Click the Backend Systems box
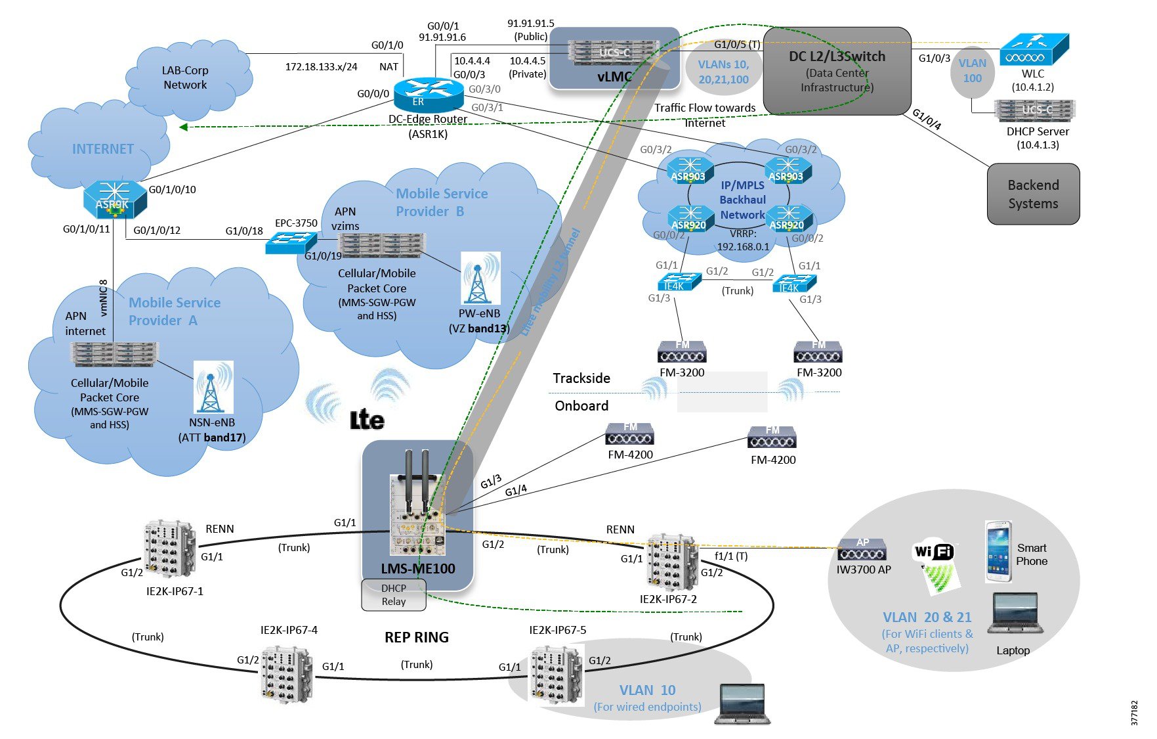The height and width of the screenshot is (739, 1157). click(x=1033, y=194)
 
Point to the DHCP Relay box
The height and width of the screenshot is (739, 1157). click(x=394, y=594)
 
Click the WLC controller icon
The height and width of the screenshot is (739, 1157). click(x=1034, y=50)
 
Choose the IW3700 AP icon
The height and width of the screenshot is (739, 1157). click(x=862, y=550)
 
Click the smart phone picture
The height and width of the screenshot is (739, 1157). click(x=998, y=552)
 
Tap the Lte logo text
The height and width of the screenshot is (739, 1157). click(x=367, y=420)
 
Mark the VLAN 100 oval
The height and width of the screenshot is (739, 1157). click(x=972, y=71)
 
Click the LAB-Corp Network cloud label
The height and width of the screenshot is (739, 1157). click(x=185, y=78)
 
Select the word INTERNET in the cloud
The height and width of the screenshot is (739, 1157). click(x=103, y=149)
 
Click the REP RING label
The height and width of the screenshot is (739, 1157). click(x=417, y=637)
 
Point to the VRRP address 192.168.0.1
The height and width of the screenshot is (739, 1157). click(x=743, y=247)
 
